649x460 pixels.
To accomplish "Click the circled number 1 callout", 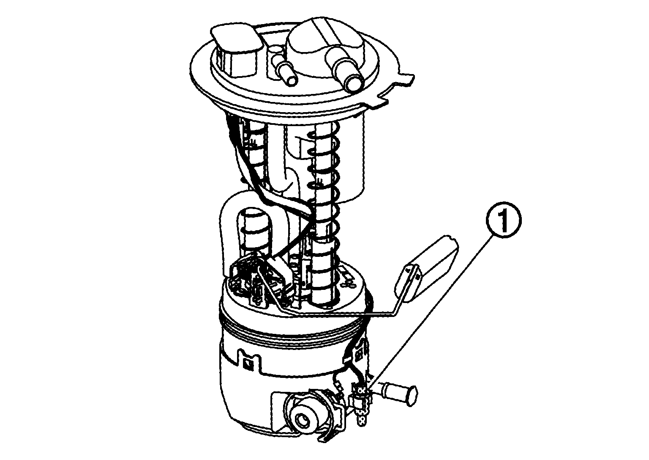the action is (504, 220).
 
